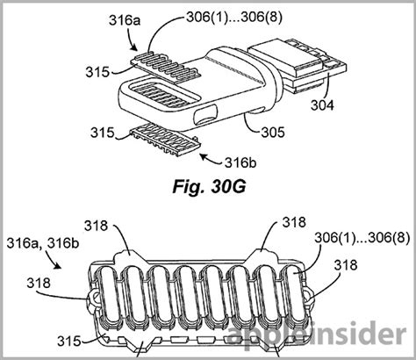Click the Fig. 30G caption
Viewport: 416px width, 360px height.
210,187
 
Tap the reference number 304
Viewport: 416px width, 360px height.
322,105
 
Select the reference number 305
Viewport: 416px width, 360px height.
273,133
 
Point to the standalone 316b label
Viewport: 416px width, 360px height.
240,162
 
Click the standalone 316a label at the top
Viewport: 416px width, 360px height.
125,21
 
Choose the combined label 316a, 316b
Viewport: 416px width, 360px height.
43,243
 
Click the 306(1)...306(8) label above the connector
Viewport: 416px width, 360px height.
234,18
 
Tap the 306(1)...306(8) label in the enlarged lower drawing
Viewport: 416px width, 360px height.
362,238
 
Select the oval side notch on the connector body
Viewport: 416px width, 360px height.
205,116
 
